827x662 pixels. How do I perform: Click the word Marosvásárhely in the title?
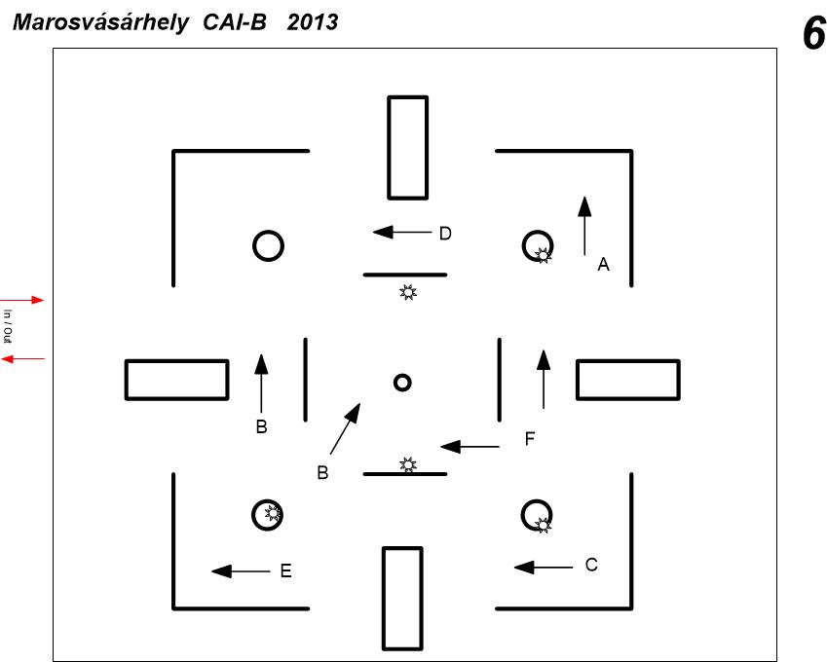[100, 22]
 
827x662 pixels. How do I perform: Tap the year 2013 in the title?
[313, 22]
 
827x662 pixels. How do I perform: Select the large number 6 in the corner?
[813, 33]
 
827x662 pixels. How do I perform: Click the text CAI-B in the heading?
[235, 22]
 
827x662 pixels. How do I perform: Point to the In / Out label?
[8, 326]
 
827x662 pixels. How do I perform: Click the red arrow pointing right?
[22, 300]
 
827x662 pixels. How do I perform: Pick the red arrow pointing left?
[22, 359]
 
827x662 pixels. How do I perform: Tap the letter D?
[445, 234]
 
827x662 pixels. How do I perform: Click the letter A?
[603, 264]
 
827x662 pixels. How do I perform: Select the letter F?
[530, 438]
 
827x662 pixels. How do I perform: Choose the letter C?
[591, 565]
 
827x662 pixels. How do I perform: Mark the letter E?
[285, 570]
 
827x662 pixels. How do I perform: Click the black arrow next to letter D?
[402, 232]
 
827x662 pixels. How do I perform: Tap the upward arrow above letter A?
[584, 226]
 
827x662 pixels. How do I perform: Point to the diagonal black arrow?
[346, 428]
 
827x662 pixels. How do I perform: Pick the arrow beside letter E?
[241, 571]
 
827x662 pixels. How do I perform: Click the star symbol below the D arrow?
[408, 292]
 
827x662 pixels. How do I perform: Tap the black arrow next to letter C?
[544, 568]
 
